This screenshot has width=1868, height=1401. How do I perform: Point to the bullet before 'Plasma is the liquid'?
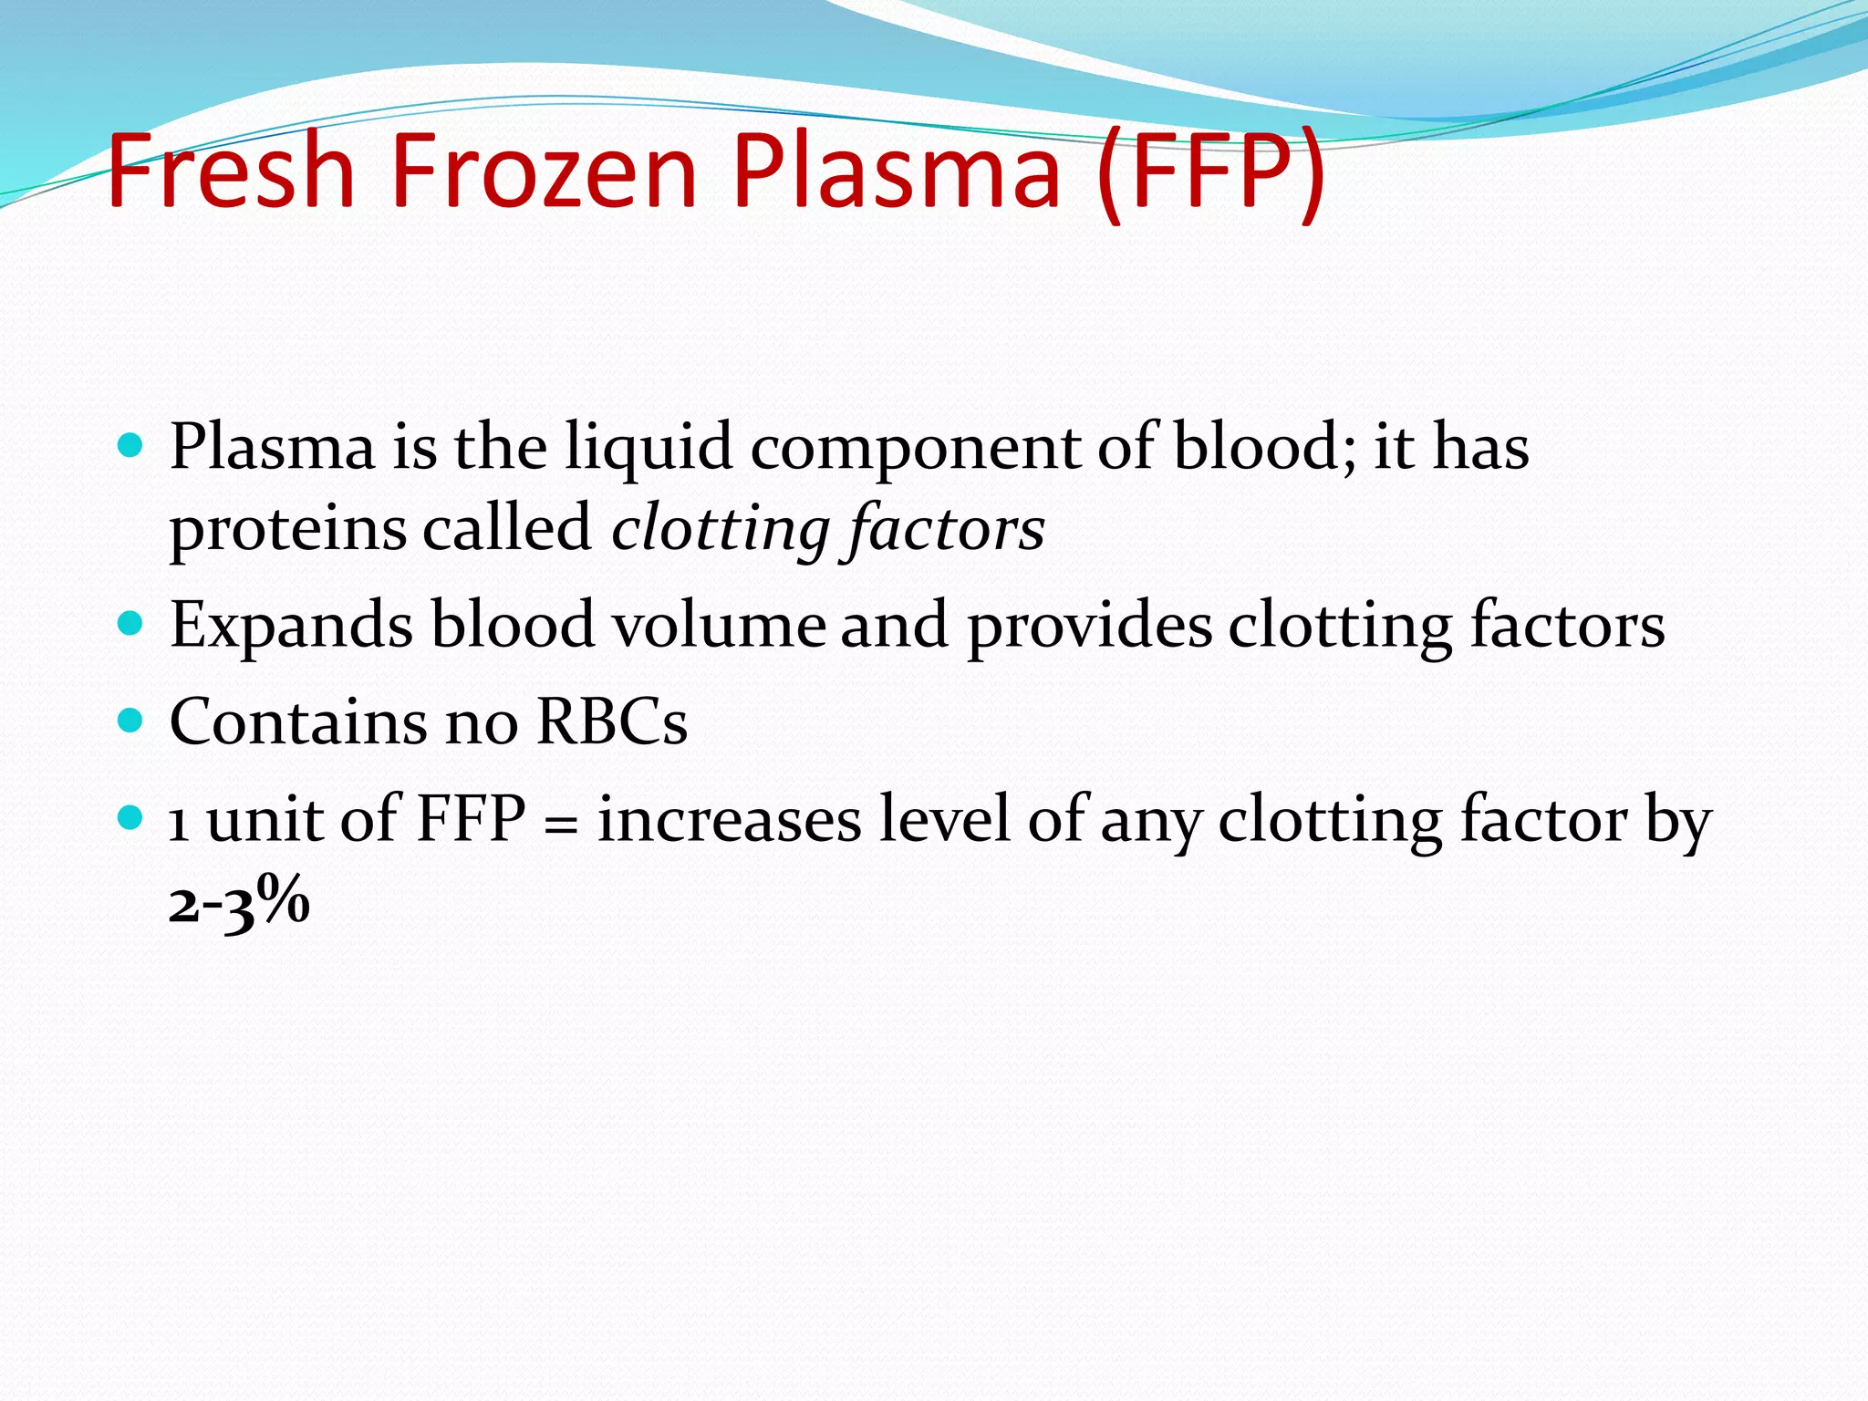[x=131, y=446]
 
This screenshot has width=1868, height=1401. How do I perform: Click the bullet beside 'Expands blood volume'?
[x=131, y=624]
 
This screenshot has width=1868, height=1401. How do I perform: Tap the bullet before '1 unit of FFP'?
[x=131, y=816]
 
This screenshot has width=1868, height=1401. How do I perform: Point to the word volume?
[x=719, y=626]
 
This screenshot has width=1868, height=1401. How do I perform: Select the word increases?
[x=730, y=819]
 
